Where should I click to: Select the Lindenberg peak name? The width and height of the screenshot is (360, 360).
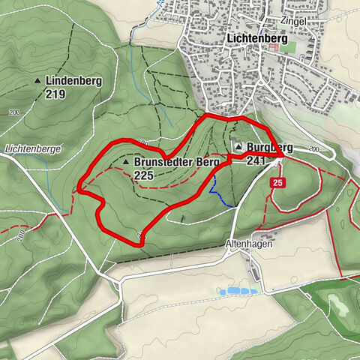73,80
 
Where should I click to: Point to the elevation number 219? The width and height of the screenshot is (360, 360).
55,94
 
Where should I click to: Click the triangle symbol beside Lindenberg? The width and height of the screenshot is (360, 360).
36,80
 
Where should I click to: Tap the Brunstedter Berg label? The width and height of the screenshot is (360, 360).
176,161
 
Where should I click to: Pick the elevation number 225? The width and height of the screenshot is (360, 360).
145,175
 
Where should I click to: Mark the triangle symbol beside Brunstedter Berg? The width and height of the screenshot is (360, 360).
125,161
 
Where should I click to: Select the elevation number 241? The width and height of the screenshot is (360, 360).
256,160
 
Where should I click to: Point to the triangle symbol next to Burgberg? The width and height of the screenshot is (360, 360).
238,147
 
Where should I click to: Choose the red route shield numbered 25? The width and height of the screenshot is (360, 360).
277,183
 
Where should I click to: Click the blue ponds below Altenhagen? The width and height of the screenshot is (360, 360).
239,290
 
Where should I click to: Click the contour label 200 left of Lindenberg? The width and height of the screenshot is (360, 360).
14,111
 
